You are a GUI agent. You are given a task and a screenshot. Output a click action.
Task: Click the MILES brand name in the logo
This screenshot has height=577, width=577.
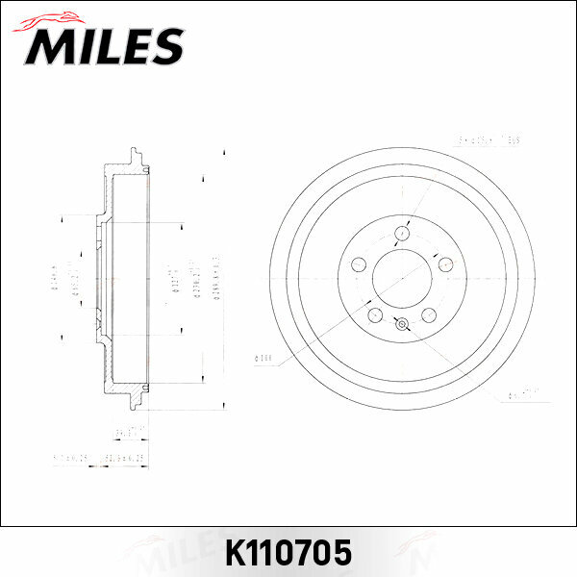tap(104, 45)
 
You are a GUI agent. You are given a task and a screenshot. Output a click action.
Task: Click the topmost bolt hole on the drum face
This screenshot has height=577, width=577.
tap(401, 232)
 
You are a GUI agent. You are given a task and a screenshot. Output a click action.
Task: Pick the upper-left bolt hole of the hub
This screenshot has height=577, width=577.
tap(359, 264)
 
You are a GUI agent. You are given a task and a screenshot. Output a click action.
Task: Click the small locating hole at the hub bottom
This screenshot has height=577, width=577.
tap(402, 324)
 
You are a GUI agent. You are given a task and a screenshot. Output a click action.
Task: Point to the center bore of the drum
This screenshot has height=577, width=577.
tap(402, 279)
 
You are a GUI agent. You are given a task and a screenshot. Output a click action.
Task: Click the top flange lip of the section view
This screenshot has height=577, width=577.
tap(134, 159)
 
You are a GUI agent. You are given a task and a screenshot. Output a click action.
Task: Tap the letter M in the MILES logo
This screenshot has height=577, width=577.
tap(48, 46)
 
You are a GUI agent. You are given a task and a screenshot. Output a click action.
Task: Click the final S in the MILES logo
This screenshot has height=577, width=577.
tap(165, 45)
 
